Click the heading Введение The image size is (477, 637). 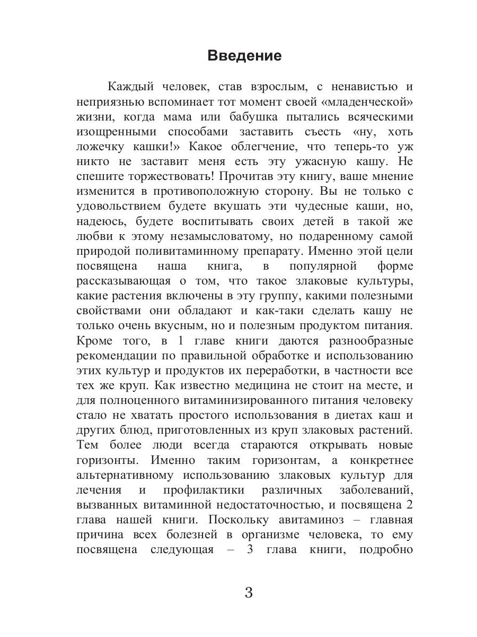[244, 56]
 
